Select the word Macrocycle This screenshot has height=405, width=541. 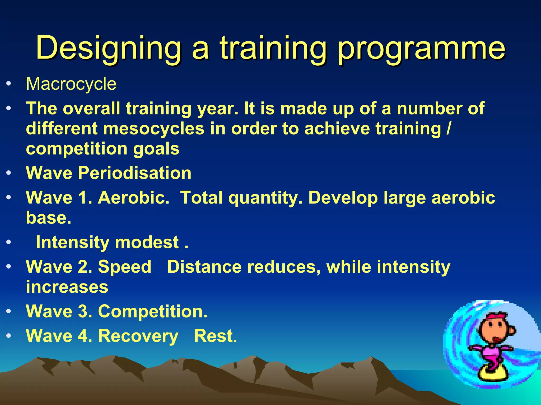pyautogui.click(x=71, y=84)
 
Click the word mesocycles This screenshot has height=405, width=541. pyautogui.click(x=153, y=129)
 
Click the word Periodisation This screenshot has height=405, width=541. pyautogui.click(x=134, y=173)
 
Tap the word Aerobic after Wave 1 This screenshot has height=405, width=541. pyautogui.click(x=133, y=197)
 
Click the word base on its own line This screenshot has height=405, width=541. pyautogui.click(x=48, y=218)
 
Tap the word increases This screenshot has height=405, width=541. pyautogui.click(x=67, y=287)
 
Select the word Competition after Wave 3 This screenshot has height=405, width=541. pyautogui.click(x=152, y=311)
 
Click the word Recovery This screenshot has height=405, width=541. pyautogui.click(x=138, y=336)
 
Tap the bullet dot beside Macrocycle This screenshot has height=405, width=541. pyautogui.click(x=9, y=84)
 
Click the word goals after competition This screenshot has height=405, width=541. pyautogui.click(x=156, y=149)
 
